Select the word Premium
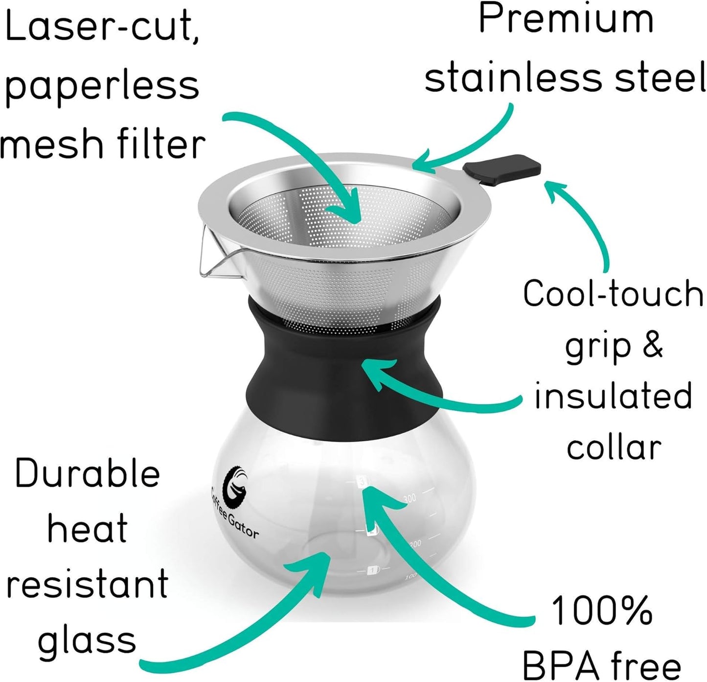[566, 20]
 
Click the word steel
[660, 78]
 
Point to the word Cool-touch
[613, 294]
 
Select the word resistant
[87, 584]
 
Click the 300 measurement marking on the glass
[410, 498]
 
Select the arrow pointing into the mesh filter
[303, 147]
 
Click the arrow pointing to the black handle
[585, 220]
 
